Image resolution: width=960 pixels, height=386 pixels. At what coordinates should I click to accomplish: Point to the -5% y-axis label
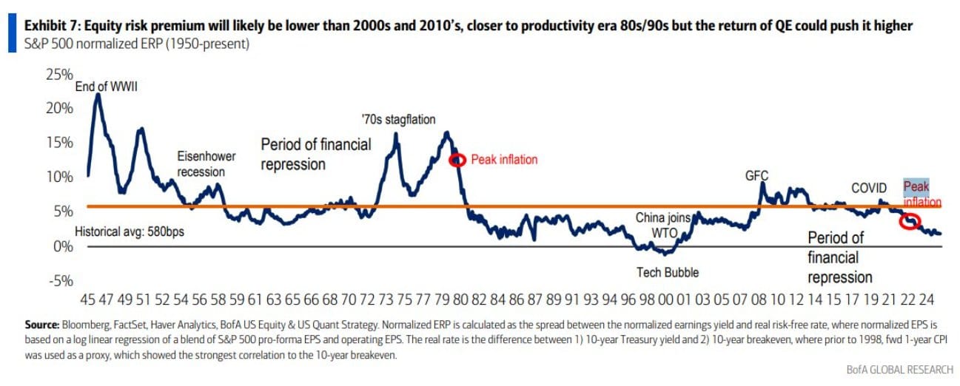[x=61, y=280]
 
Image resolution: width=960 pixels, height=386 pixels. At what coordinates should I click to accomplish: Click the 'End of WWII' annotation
[x=107, y=87]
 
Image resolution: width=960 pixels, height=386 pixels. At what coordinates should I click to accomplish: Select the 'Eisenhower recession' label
[x=201, y=164]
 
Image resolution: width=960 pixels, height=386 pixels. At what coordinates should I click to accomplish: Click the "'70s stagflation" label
[x=398, y=119]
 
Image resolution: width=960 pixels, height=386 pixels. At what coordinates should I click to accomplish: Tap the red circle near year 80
[x=458, y=160]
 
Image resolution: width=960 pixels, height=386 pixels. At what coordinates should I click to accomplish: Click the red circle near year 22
[x=910, y=220]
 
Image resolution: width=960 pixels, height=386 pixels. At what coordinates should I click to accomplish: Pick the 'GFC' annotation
[x=756, y=176]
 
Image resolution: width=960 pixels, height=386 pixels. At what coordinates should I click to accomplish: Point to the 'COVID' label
[x=868, y=188]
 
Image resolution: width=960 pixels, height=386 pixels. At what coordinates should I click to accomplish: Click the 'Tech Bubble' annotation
[x=668, y=272]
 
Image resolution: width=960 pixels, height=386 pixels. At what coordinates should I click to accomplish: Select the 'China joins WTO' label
[x=663, y=225]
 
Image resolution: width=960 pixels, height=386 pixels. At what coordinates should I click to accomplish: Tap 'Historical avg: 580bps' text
[x=130, y=231]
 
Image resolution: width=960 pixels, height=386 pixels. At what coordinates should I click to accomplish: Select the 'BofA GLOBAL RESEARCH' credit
[x=898, y=369]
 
